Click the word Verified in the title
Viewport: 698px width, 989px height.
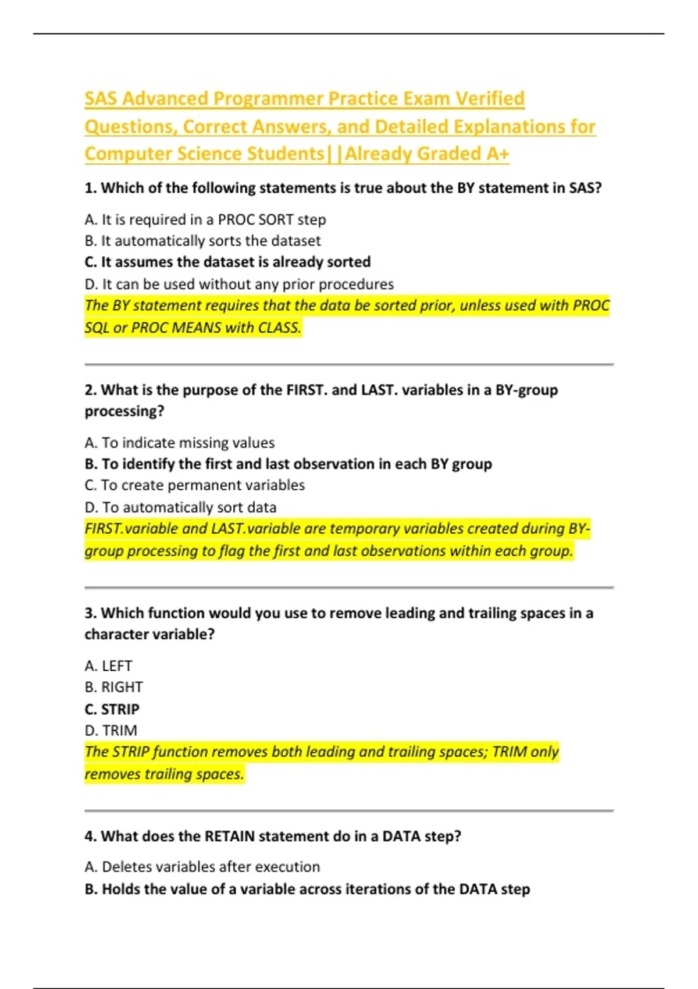tap(489, 99)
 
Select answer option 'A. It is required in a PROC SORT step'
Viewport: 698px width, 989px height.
tap(205, 220)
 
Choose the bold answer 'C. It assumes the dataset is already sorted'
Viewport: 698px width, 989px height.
tap(227, 262)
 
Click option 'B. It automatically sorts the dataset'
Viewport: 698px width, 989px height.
tap(202, 241)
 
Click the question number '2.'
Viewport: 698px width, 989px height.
tap(90, 390)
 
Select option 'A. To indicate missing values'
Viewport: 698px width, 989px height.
tap(179, 443)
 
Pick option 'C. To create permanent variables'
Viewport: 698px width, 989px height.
tap(194, 485)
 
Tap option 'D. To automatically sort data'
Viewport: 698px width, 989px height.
tap(180, 507)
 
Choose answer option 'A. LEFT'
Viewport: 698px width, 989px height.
tap(108, 666)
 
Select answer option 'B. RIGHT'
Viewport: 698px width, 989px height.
tap(113, 688)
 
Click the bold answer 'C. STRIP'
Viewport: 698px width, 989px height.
tap(112, 710)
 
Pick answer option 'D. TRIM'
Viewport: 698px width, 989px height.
tap(111, 731)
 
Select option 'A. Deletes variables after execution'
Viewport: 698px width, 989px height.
tap(202, 867)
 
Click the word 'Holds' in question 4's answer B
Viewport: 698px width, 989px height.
tap(120, 890)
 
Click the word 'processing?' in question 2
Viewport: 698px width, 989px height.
tap(124, 411)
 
